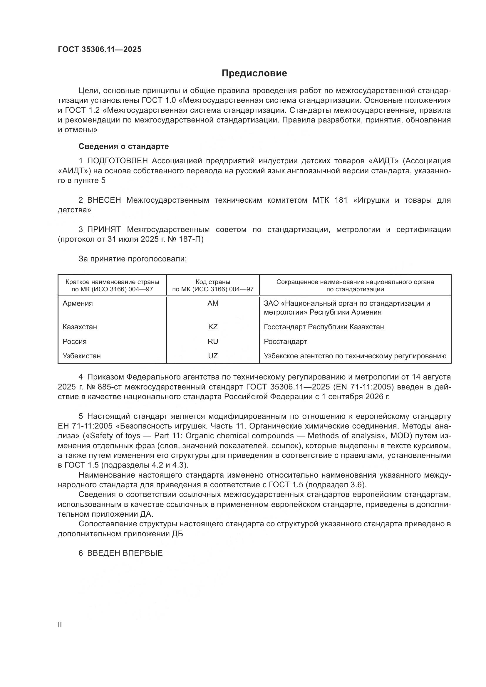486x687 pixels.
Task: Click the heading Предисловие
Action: pos(254,73)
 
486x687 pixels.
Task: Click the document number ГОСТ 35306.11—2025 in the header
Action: pos(99,50)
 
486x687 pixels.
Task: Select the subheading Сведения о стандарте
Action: pos(124,146)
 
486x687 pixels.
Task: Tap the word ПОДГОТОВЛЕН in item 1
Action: pos(117,161)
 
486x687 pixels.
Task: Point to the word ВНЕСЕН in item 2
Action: pos(104,200)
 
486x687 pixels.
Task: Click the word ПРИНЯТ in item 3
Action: pos(104,229)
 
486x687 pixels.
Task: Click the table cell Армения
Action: pos(78,303)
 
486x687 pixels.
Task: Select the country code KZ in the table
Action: pos(213,327)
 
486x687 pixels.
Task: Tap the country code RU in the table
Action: pos(213,341)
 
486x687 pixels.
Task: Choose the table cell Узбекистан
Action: pos(81,356)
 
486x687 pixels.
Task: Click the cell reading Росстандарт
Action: pos(285,341)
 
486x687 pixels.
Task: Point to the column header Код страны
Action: pos(213,282)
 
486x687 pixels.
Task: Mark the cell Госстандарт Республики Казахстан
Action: pos(324,327)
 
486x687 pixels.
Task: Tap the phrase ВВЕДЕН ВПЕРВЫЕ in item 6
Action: pos(125,553)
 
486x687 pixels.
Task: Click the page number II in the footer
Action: pos(60,625)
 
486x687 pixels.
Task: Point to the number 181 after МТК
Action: pos(341,200)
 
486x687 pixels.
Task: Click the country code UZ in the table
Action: pos(213,356)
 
